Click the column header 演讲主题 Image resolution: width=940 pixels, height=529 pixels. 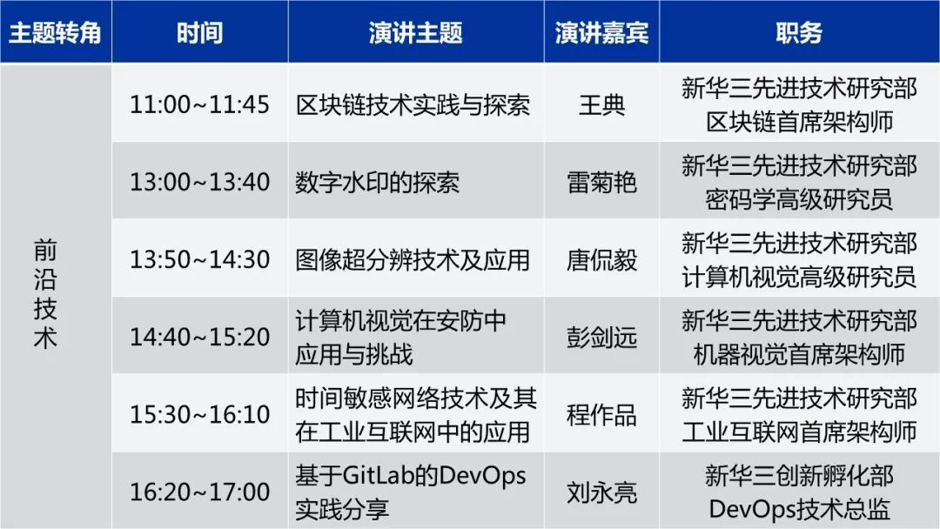tap(415, 32)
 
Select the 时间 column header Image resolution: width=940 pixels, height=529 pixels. tap(199, 32)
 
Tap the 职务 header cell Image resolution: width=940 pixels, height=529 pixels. tap(798, 32)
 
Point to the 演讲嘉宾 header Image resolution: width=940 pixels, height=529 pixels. tap(601, 32)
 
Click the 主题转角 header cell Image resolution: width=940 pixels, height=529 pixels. tap(55, 32)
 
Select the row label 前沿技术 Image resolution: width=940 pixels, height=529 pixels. tap(45, 293)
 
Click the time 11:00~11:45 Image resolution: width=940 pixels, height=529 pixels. tap(199, 104)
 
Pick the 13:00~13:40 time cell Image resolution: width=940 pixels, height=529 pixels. tap(199, 182)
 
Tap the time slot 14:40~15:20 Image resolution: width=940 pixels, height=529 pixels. tap(199, 338)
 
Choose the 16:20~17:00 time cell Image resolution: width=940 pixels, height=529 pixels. tap(199, 492)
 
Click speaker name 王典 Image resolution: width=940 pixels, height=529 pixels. tap(601, 105)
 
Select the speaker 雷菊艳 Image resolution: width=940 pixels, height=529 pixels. tap(601, 183)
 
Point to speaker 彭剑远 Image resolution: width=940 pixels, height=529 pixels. tap(601, 338)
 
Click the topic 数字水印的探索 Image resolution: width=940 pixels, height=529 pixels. tap(377, 183)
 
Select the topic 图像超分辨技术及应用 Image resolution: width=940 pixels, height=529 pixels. tap(413, 260)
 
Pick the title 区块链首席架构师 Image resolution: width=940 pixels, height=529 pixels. tap(799, 122)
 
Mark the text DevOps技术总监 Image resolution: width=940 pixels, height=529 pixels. tap(799, 510)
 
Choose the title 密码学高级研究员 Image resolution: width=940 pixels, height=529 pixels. tap(799, 199)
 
